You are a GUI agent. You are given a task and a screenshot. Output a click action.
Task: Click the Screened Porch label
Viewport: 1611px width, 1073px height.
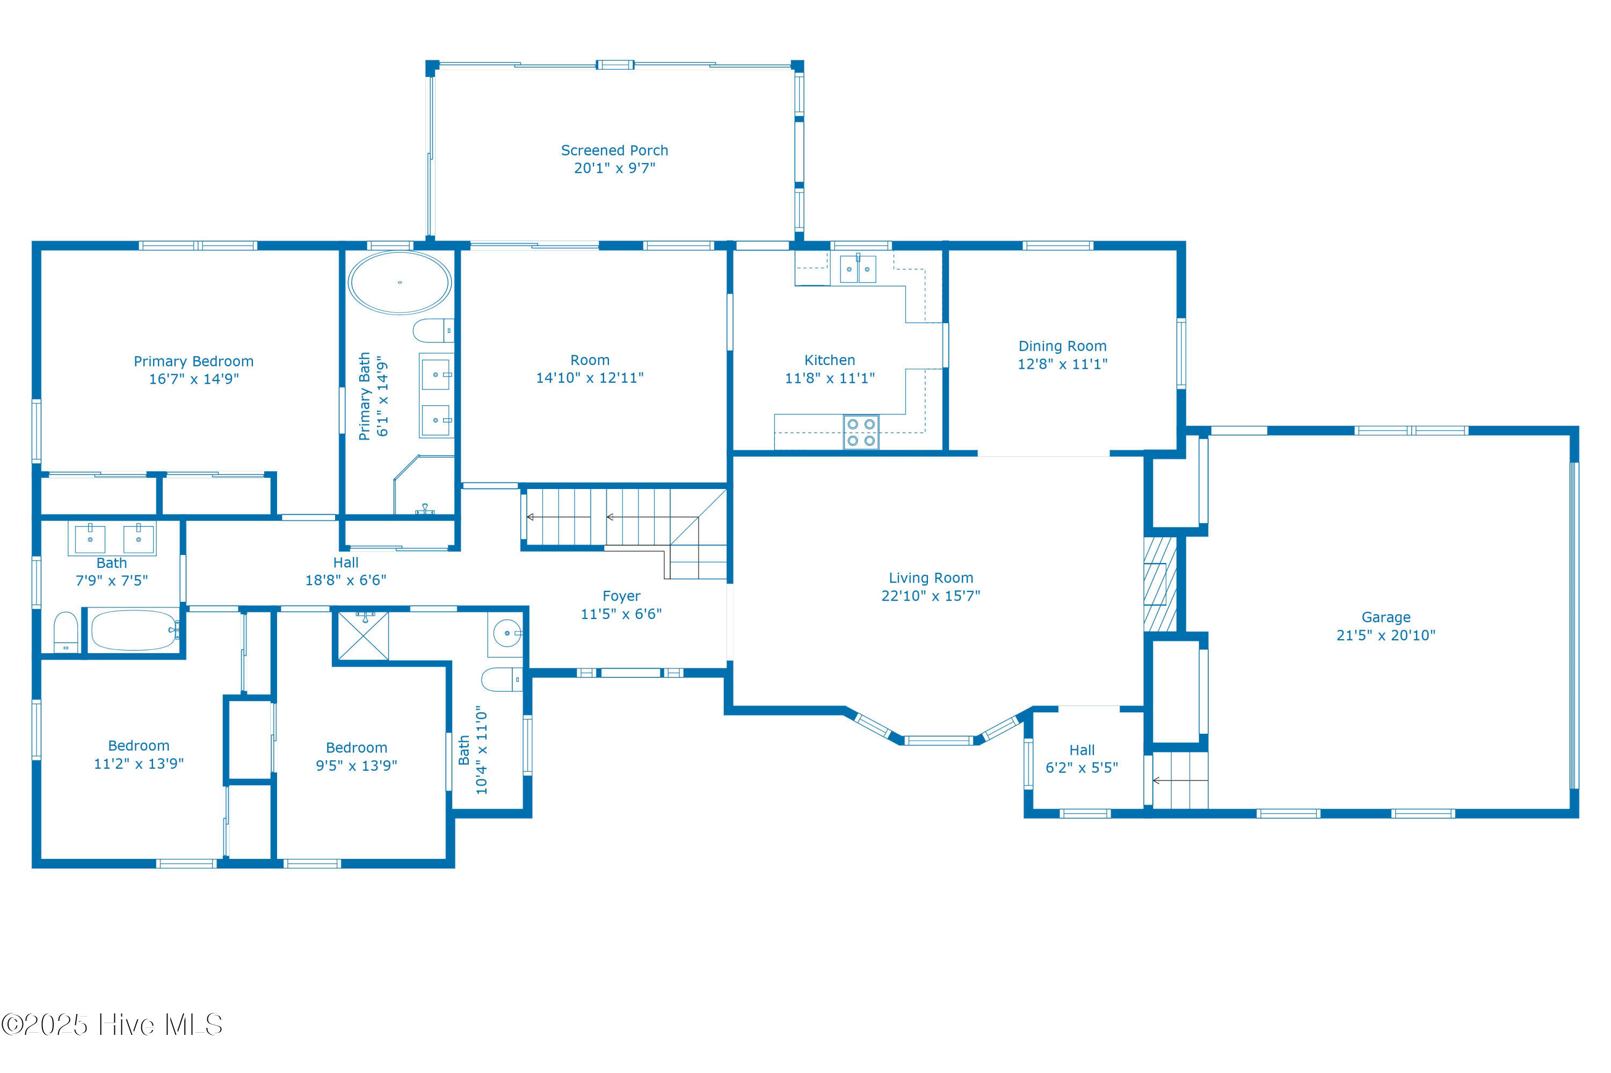tap(614, 150)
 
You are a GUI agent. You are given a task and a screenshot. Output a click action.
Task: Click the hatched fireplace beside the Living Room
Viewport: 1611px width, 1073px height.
tap(1159, 583)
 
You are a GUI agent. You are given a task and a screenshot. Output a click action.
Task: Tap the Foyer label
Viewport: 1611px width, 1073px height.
tap(621, 596)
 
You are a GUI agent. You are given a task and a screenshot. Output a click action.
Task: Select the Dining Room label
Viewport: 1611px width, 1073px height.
tap(1062, 346)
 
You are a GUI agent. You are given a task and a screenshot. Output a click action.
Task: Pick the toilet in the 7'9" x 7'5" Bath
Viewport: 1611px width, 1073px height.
tap(66, 632)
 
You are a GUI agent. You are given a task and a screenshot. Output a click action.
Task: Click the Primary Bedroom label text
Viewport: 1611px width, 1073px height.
tap(193, 361)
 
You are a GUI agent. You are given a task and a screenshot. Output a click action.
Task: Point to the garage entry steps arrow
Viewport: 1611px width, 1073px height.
tap(1179, 780)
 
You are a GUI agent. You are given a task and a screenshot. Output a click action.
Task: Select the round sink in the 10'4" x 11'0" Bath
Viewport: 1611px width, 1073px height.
tap(506, 633)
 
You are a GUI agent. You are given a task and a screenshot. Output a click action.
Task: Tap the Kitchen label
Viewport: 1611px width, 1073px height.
tap(829, 360)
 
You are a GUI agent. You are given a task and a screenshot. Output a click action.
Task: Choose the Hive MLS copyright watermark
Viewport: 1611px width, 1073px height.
tap(112, 1024)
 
